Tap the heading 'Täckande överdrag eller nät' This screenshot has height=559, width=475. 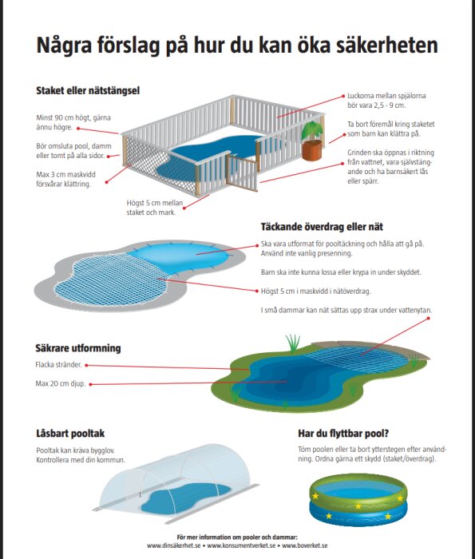click(334, 228)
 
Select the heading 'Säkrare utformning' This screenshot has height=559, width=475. click(78, 348)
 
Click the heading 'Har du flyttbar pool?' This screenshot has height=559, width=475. click(343, 434)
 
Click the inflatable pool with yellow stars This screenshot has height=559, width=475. click(357, 498)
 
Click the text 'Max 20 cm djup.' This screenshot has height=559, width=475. click(61, 383)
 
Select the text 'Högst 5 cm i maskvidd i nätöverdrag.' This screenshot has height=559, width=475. click(316, 291)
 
